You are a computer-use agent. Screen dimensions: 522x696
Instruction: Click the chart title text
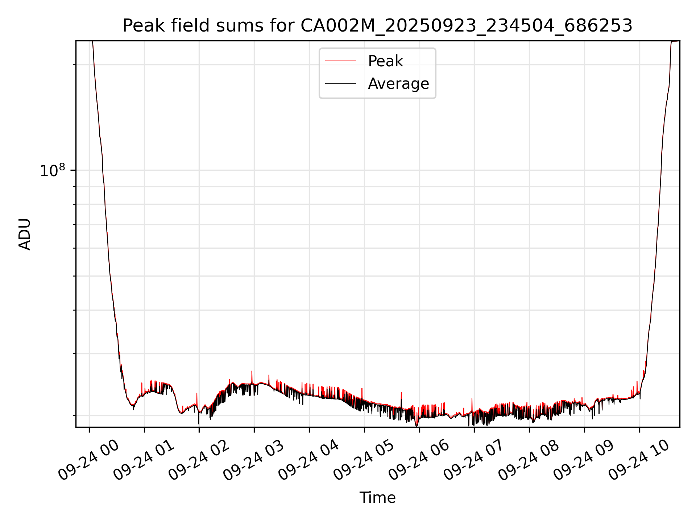point(377,26)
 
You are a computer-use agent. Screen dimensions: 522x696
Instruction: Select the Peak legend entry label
point(385,61)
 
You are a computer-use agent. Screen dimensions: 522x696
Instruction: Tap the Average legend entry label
point(398,84)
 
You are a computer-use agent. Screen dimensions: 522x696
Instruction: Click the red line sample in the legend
point(340,61)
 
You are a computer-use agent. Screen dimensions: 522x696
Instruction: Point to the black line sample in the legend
point(340,84)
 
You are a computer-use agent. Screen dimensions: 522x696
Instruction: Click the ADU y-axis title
point(25,234)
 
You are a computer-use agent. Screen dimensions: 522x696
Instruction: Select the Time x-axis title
point(377,498)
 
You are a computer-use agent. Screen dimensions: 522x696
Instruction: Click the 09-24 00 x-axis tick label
point(88,460)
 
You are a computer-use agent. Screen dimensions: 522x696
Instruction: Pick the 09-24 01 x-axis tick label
point(144,460)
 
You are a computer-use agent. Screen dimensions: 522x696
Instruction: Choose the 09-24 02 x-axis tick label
point(199,460)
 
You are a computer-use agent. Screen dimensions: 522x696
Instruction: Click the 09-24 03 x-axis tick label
point(253,460)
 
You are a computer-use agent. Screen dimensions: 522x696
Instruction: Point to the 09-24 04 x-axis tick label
point(308,460)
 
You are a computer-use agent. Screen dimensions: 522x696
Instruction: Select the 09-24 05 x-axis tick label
point(364,460)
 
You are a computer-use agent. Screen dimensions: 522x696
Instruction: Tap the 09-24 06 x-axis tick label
point(419,460)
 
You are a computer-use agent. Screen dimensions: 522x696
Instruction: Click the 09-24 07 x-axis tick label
point(474,460)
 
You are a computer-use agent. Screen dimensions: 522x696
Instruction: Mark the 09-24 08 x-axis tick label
point(529,460)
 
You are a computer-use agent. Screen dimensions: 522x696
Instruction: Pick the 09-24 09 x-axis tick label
point(584,460)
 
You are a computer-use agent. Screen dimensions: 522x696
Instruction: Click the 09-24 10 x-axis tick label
point(639,460)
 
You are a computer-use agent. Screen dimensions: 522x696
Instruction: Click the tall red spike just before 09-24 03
point(252,375)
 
